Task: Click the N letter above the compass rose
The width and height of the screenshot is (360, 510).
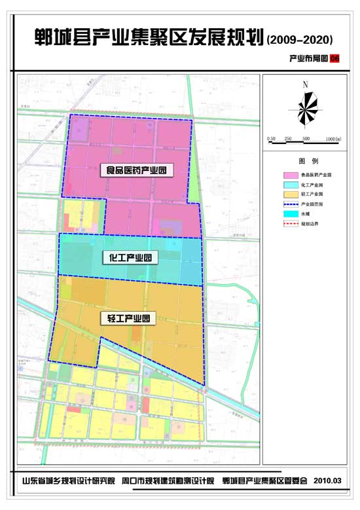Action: [x=305, y=84]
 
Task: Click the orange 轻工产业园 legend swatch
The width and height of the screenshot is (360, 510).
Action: [x=289, y=194]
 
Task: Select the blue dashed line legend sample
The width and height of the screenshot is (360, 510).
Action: [x=289, y=204]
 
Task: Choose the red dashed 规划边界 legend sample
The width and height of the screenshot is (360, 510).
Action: [x=289, y=224]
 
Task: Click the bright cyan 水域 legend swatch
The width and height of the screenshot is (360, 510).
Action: [x=289, y=214]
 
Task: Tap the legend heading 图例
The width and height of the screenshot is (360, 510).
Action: [x=308, y=160]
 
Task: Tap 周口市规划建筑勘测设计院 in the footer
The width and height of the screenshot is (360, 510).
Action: [x=168, y=481]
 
